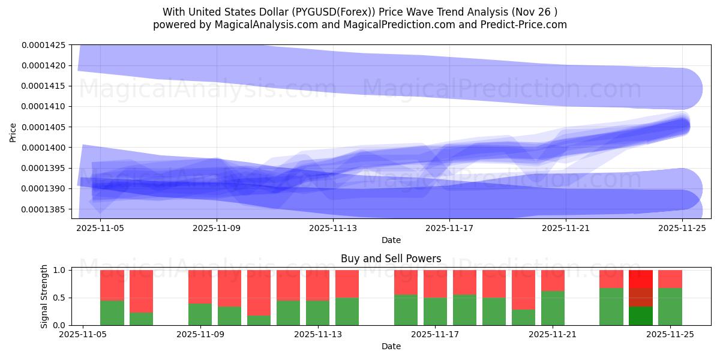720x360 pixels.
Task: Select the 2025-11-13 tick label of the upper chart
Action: coord(333,228)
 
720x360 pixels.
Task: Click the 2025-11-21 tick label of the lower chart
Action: coord(552,335)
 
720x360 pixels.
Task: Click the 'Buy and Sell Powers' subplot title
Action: coord(391,259)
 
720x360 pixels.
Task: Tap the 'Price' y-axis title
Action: coord(13,132)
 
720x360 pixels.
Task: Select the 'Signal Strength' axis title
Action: coord(45,296)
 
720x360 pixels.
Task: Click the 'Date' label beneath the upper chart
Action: coord(391,240)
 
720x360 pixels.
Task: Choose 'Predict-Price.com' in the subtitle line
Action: coord(519,25)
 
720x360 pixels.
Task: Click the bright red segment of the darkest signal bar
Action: coord(640,279)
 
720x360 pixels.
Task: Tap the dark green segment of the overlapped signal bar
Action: coord(640,316)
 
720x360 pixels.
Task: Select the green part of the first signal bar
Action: coord(112,313)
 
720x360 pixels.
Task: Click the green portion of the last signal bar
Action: coord(670,307)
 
